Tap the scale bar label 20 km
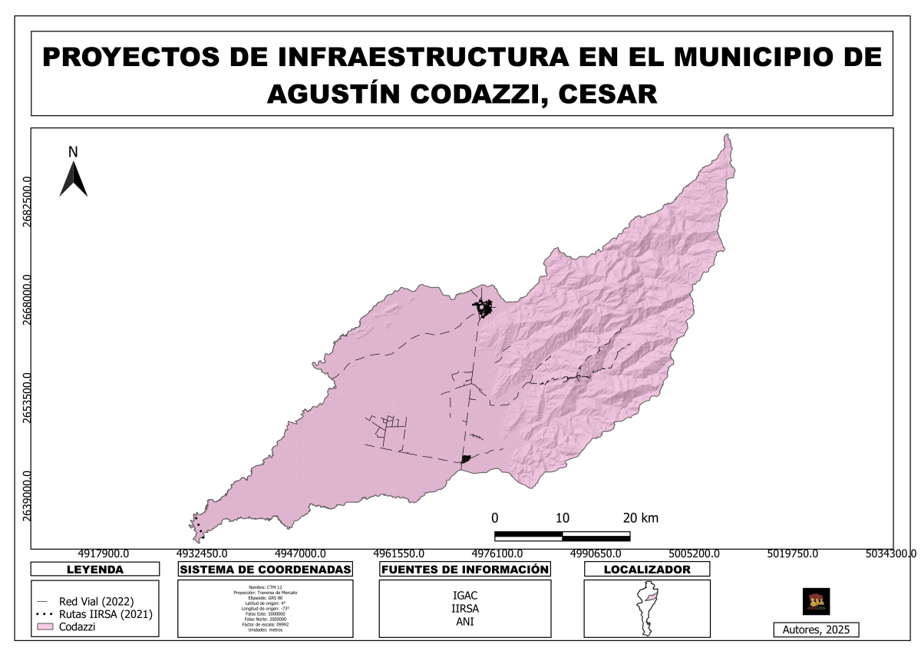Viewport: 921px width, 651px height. tap(640, 517)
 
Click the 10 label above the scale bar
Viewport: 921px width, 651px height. tap(562, 517)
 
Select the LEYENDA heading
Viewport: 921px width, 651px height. tap(95, 570)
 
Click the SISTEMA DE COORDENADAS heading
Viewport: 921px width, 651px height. tap(265, 570)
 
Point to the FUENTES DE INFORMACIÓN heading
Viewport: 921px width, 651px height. tap(465, 570)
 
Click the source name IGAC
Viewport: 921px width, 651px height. tap(464, 595)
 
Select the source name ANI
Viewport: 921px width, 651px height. tap(464, 622)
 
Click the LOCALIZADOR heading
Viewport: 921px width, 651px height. tap(646, 570)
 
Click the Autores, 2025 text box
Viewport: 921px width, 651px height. tap(816, 630)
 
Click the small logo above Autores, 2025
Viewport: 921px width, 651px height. tap(816, 601)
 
